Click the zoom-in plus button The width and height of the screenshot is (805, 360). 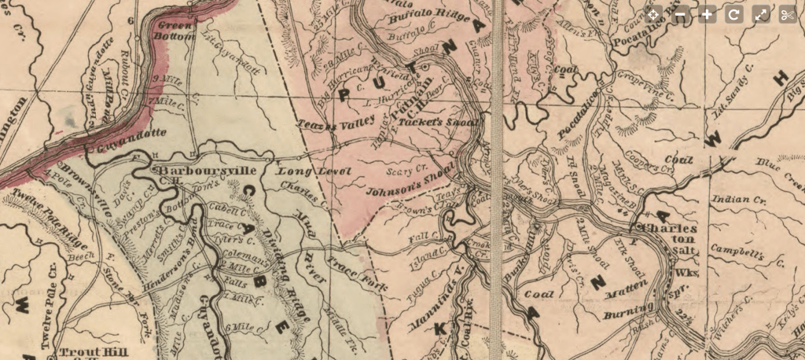tap(708, 15)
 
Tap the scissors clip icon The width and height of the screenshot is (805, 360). tap(787, 15)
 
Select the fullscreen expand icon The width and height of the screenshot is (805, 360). tap(760, 15)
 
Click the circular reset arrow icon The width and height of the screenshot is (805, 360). tap(733, 15)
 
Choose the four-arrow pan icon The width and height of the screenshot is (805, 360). tap(654, 15)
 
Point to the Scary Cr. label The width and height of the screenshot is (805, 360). tap(407, 168)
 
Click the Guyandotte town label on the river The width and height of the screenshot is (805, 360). tap(123, 146)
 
